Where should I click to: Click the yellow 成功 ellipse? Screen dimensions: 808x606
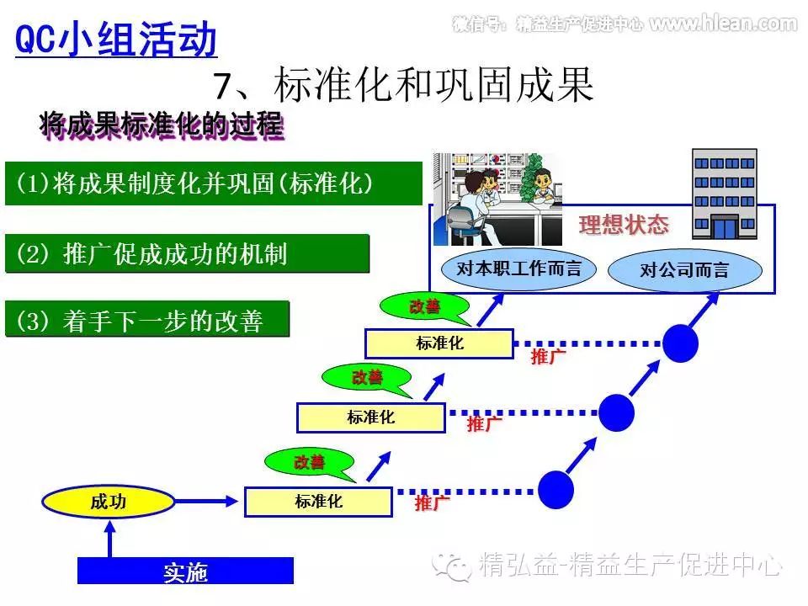(x=109, y=502)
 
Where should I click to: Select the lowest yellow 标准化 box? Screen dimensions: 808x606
(x=318, y=502)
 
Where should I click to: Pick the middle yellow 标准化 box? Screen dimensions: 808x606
(x=370, y=417)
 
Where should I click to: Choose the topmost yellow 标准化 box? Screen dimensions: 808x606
(x=439, y=343)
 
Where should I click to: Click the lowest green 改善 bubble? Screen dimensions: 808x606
(x=309, y=462)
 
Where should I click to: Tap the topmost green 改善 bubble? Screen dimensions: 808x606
(x=424, y=307)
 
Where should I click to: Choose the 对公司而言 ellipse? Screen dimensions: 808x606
(x=684, y=270)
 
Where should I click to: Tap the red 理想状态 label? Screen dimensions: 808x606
(x=624, y=225)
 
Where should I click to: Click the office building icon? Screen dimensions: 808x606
(x=724, y=194)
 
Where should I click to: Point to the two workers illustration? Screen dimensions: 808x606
(x=497, y=187)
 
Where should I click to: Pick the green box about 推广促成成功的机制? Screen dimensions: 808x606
(x=187, y=253)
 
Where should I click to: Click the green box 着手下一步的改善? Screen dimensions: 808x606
(x=147, y=320)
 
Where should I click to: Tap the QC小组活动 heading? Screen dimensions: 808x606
(x=116, y=39)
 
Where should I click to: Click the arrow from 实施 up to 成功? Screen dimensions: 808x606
(x=109, y=539)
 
